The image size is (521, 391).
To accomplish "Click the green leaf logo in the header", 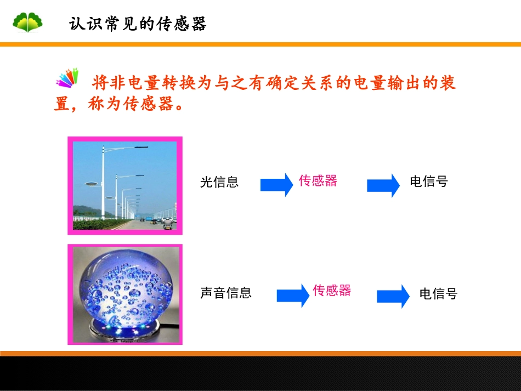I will [27, 22].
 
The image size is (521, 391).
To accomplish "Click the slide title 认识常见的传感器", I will [138, 24].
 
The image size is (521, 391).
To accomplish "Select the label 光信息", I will [219, 182].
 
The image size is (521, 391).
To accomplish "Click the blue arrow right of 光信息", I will [276, 184].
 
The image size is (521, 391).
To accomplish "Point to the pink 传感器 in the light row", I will [318, 180].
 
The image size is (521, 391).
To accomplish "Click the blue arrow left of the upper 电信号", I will [383, 185].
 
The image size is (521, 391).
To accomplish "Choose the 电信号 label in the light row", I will [429, 182].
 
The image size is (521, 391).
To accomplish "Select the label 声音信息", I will [226, 293].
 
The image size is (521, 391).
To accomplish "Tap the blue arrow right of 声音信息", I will [293, 296].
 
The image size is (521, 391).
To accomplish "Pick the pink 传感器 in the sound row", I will [332, 290].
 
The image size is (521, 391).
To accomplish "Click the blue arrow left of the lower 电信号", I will [393, 296].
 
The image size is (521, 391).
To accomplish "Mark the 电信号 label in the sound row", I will [438, 293].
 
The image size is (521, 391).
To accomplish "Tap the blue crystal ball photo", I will [125, 294].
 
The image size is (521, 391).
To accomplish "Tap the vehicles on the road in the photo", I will [159, 222].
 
